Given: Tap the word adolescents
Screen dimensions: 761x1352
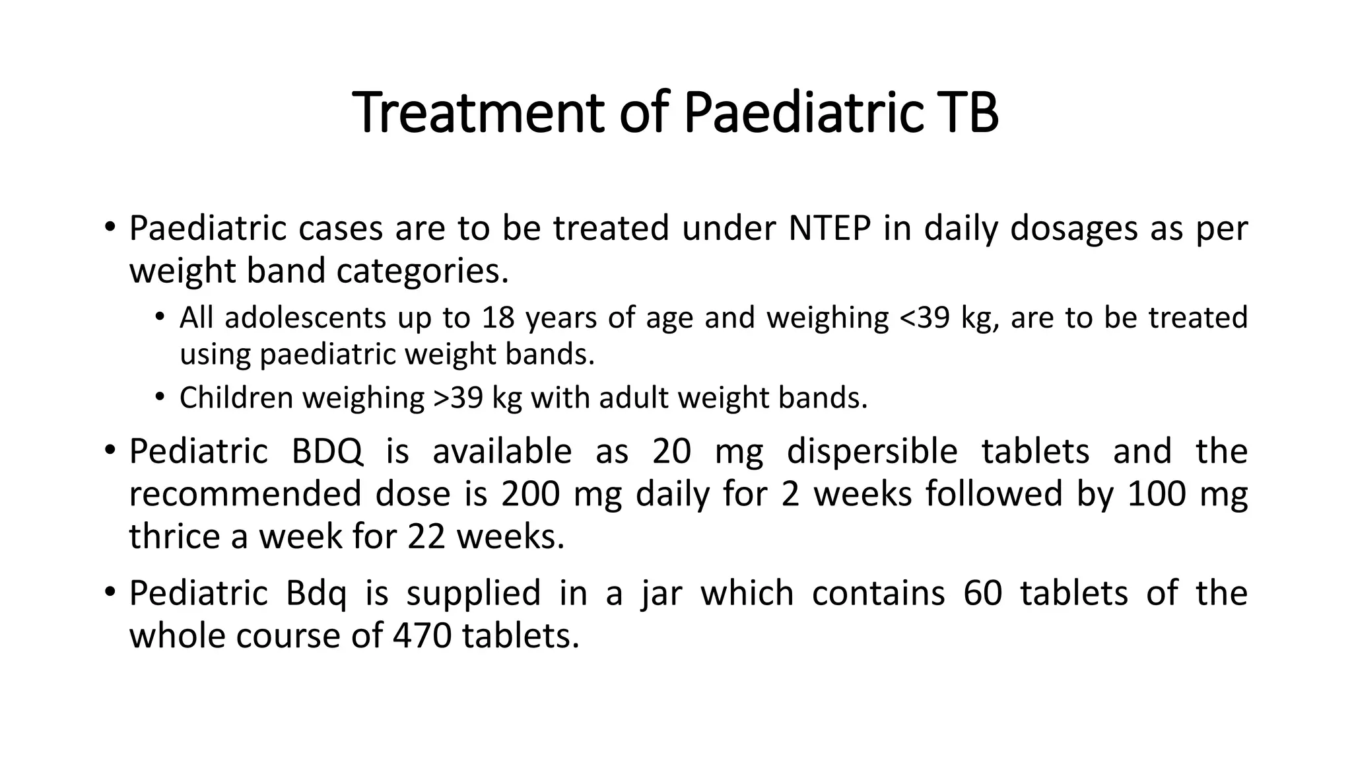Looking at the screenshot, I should click(305, 318).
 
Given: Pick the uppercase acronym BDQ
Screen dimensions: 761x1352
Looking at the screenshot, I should click(327, 452).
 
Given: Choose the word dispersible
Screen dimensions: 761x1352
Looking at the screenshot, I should click(872, 452).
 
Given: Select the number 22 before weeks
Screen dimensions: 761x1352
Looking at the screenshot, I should click(426, 536).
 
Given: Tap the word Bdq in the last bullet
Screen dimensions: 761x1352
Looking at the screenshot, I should click(316, 593).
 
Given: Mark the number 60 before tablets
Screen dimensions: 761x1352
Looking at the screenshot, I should click(982, 593).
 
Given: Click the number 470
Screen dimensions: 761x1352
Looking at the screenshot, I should click(422, 635).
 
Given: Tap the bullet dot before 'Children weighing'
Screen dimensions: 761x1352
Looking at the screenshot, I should click(159, 396).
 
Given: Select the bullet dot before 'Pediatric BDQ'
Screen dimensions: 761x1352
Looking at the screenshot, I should click(110, 451).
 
